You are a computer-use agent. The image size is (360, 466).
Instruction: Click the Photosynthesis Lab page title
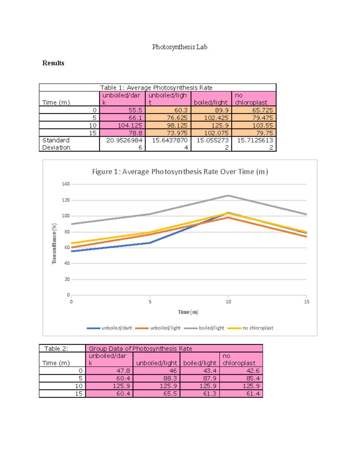click(179, 47)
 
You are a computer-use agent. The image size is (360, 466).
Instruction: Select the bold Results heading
click(53, 63)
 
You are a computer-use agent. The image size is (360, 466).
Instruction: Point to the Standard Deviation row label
click(56, 144)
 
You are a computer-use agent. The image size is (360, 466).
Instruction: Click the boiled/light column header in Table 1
click(211, 102)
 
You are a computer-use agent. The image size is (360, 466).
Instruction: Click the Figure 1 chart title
click(180, 172)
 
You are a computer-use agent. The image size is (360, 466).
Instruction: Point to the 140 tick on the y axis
click(66, 184)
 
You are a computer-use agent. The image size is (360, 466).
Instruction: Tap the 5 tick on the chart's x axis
click(150, 302)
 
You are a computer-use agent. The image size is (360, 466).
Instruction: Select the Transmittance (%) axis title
click(54, 244)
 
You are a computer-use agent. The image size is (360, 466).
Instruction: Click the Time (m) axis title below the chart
click(188, 312)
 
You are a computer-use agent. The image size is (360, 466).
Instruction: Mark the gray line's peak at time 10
click(228, 196)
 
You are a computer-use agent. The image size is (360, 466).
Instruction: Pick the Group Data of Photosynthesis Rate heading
click(140, 348)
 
